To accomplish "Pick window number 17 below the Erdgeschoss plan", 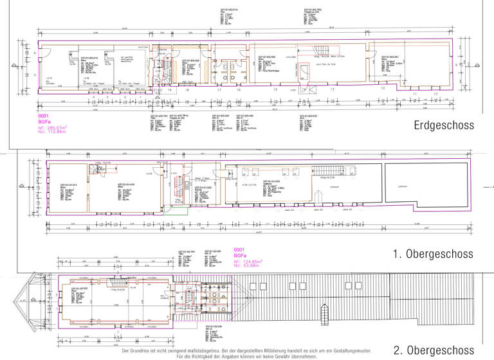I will [x=219, y=90].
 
